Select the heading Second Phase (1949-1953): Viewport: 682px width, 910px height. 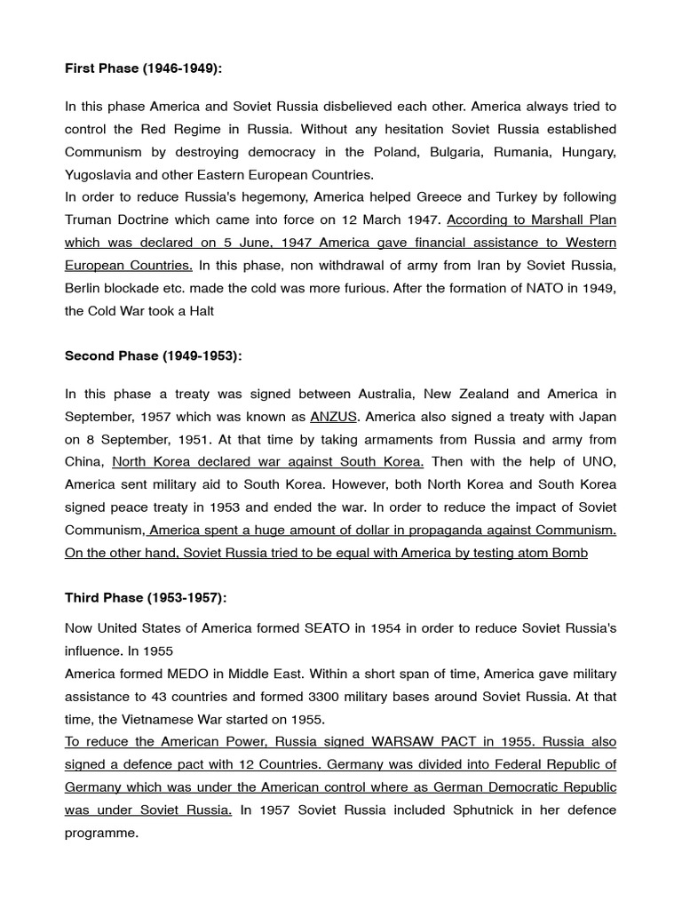(x=153, y=355)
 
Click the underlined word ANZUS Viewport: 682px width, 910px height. (x=332, y=417)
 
